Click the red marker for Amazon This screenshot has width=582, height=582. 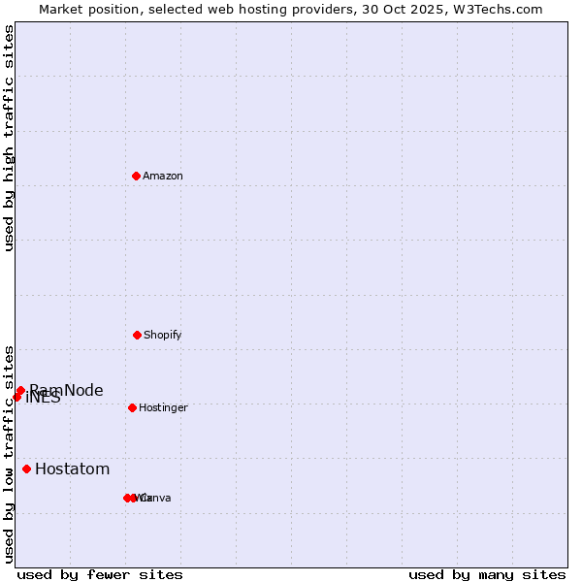tap(136, 176)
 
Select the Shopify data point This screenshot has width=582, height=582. tap(137, 335)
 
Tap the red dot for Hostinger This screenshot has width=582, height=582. tap(132, 407)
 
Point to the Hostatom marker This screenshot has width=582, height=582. tap(26, 469)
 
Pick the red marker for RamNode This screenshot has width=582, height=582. tap(20, 390)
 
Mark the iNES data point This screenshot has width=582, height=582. tap(16, 397)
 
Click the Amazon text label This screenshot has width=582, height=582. tap(163, 176)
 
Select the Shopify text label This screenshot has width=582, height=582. tap(163, 335)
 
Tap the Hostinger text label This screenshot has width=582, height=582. tap(163, 407)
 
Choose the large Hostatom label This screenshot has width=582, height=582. tap(73, 469)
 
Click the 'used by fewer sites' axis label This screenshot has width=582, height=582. tap(100, 574)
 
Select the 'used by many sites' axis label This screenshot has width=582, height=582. tap(487, 574)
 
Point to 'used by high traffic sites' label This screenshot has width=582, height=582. tap(9, 138)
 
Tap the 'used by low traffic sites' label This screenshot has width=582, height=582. tap(9, 454)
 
